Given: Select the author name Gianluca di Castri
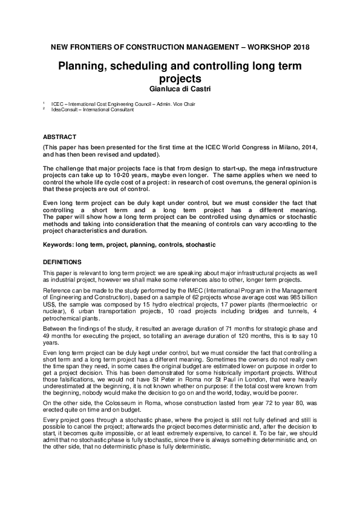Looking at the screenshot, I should tap(180, 89).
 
